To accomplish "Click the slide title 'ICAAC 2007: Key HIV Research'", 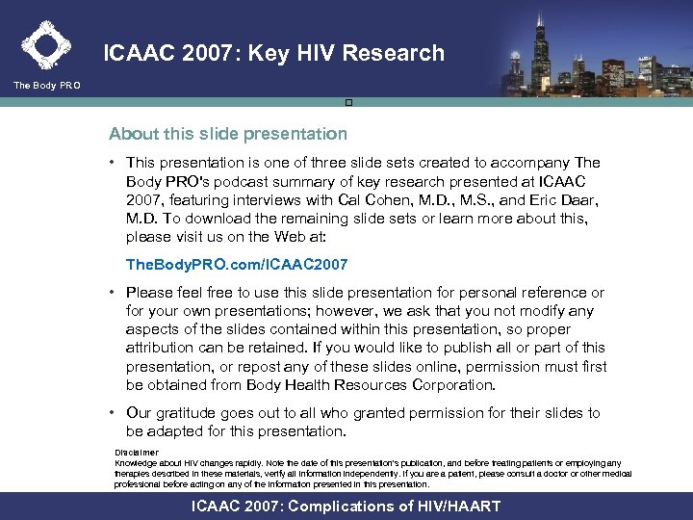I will pos(274,54).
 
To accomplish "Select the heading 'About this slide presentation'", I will pos(228,133).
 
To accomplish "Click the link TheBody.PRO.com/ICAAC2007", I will pos(237,263).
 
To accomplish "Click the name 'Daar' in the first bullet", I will pos(580,200).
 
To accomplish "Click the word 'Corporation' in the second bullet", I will pos(446,384).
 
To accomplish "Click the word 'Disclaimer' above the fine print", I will pos(137,452).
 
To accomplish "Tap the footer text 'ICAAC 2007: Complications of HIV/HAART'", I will pos(346,507).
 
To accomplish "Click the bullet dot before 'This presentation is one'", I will pos(114,164).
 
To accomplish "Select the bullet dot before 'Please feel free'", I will pos(114,293).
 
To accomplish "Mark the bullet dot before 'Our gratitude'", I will pos(114,413).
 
